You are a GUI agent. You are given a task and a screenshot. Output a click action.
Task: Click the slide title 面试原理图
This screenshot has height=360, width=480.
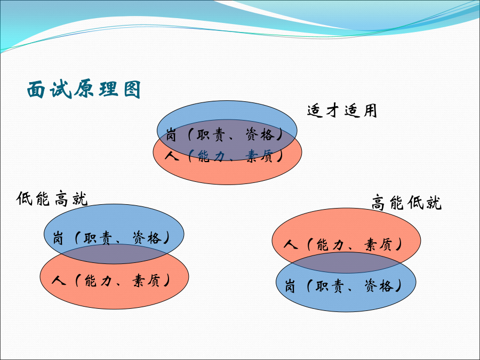[84, 90]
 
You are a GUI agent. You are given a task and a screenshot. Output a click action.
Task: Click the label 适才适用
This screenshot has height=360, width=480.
[342, 110]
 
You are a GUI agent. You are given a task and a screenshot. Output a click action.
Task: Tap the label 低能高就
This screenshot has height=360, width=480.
[52, 199]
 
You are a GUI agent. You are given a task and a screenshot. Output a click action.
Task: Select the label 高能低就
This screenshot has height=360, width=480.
[406, 202]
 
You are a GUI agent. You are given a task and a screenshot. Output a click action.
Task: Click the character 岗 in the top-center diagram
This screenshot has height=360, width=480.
[171, 135]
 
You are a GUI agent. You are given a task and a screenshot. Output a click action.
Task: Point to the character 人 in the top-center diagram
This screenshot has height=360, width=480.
[171, 156]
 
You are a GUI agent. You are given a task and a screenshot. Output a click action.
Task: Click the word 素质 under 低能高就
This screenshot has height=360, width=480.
[146, 280]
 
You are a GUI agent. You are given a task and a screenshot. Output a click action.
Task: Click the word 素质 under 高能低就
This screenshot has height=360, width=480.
[378, 245]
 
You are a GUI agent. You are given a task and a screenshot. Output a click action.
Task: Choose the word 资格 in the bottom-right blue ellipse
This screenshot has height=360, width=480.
[379, 286]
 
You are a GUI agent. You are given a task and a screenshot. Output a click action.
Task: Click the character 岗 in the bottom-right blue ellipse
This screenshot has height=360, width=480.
[290, 286]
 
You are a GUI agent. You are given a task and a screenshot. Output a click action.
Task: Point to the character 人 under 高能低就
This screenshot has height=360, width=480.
[291, 244]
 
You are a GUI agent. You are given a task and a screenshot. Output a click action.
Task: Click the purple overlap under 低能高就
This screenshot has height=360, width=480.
[114, 254]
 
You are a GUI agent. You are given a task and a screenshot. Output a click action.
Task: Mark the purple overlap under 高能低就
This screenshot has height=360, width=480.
[346, 262]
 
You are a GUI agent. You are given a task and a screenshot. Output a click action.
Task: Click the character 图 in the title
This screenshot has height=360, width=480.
[132, 90]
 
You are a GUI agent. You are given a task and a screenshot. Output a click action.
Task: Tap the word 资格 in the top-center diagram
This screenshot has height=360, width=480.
[260, 134]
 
